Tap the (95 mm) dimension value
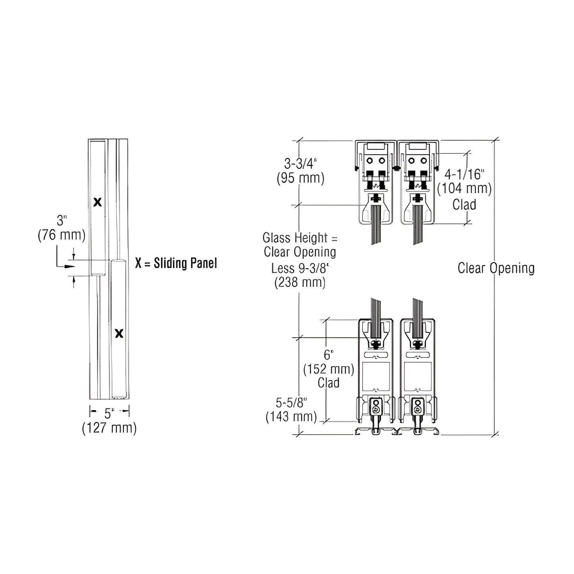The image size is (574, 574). [300, 178]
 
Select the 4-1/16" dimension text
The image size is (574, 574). [464, 174]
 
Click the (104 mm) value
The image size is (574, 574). [464, 189]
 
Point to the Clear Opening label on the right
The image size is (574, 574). [496, 268]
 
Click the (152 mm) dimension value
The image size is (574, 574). [328, 369]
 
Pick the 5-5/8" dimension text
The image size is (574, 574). [292, 403]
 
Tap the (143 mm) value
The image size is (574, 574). [291, 417]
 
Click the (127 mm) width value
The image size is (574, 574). [109, 428]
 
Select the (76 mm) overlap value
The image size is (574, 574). [62, 235]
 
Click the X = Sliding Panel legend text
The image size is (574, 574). [176, 263]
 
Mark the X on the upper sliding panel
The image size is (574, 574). [97, 202]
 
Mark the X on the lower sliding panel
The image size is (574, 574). [119, 333]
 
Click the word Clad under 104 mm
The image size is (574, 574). [464, 205]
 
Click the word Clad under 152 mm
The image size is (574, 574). [329, 383]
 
